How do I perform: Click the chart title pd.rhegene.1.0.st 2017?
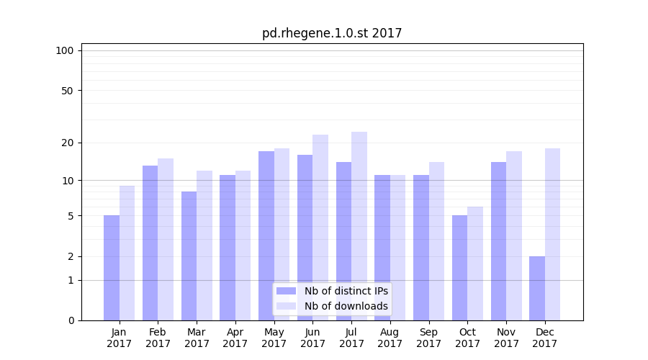click(x=332, y=33)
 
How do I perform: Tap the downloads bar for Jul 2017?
click(x=359, y=226)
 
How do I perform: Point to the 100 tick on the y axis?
click(x=65, y=50)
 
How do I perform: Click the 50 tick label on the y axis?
click(x=67, y=91)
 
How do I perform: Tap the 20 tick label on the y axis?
click(x=67, y=143)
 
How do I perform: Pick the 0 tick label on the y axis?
click(x=71, y=320)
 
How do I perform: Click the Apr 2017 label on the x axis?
click(x=235, y=338)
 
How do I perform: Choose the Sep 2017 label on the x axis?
click(x=428, y=338)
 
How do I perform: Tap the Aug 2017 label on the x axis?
click(x=390, y=338)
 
